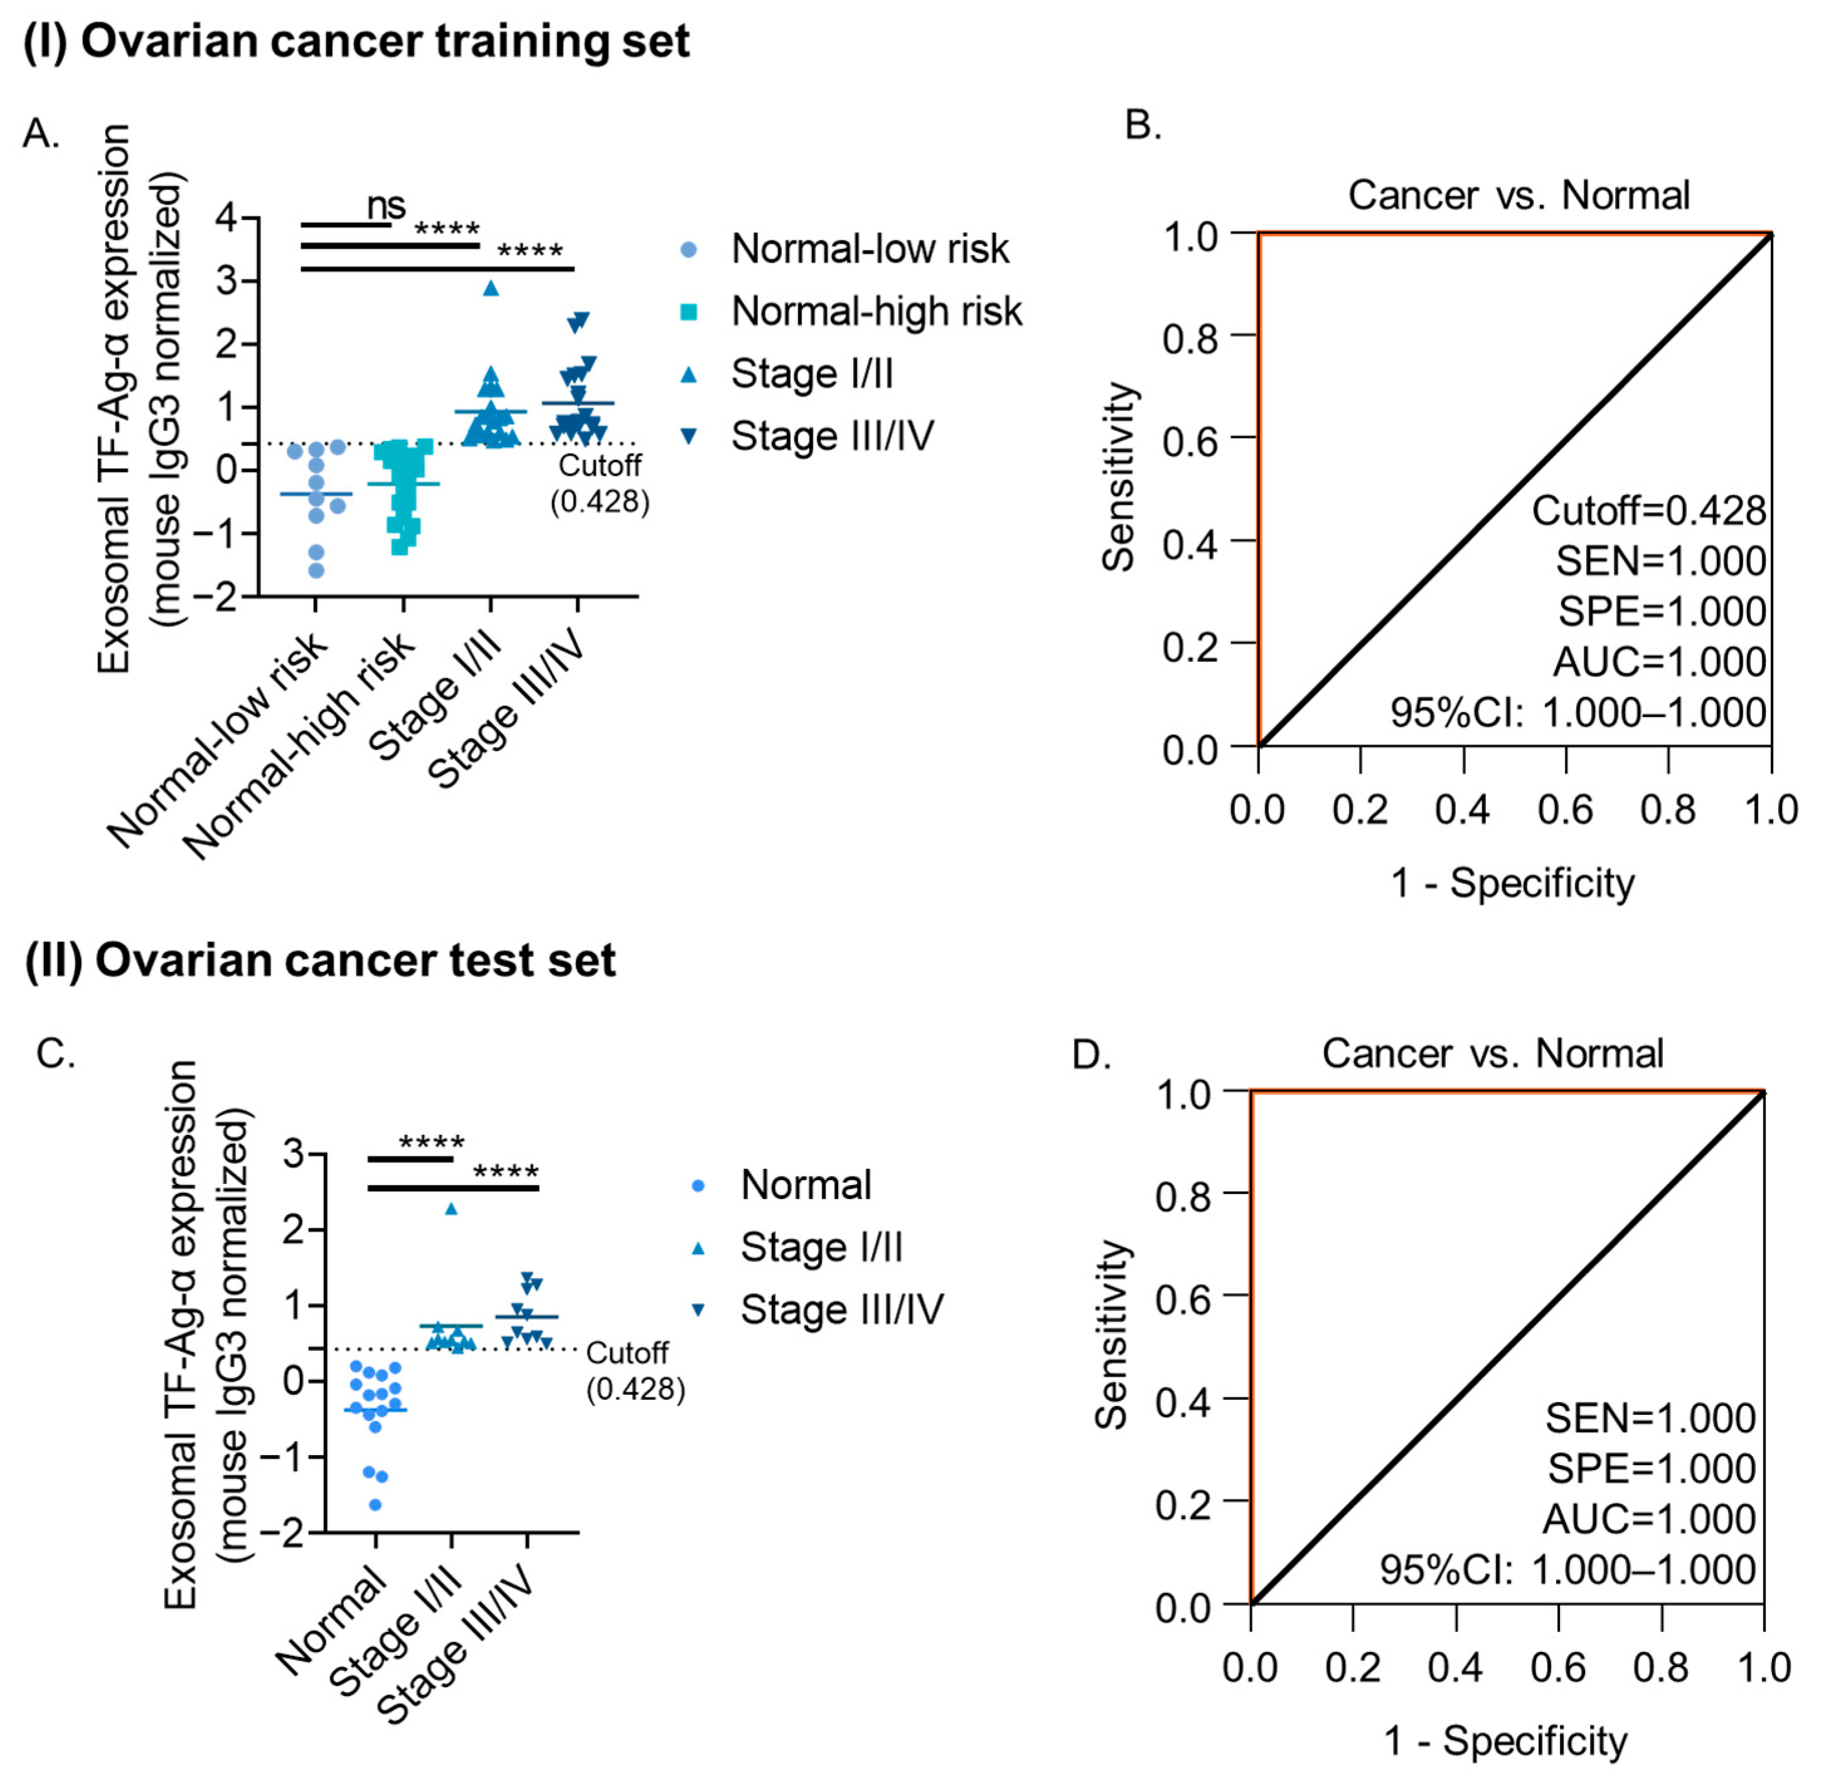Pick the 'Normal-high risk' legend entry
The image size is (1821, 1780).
point(876,311)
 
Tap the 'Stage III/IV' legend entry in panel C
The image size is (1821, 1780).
point(841,1310)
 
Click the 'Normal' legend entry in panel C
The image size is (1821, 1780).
point(806,1185)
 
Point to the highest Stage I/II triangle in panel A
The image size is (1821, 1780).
point(491,289)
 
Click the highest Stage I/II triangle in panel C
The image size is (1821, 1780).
point(452,1209)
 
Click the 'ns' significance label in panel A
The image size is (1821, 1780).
point(386,205)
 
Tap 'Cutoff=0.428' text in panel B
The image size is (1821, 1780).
point(1648,511)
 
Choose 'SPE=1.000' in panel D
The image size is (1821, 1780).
point(1651,1469)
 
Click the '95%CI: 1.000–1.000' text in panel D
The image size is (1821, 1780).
point(1567,1570)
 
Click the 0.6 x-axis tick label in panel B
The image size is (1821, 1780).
point(1565,809)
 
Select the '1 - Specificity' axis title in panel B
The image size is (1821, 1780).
point(1512,883)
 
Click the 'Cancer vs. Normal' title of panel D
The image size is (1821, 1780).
point(1492,1053)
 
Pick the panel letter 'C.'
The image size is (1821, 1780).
point(56,1053)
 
